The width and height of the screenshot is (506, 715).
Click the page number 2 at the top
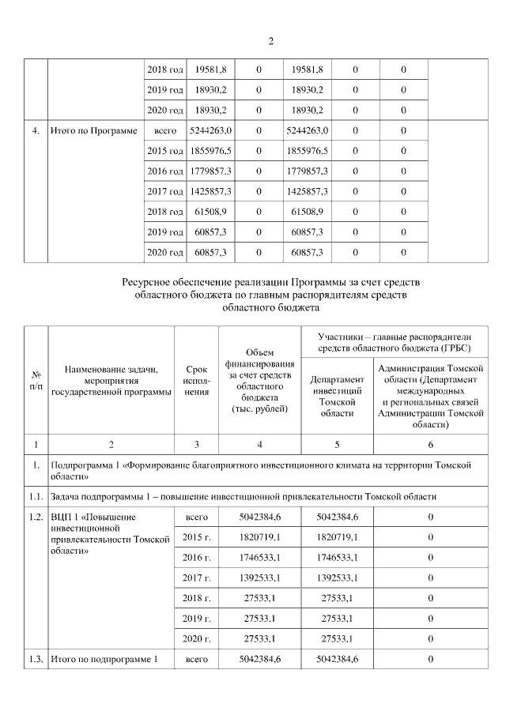coord(270,40)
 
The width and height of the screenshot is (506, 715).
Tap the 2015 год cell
coord(165,150)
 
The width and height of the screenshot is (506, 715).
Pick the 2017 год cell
coord(165,191)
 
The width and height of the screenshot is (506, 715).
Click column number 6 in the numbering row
coord(430,443)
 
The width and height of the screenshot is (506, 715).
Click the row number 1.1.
coord(36,495)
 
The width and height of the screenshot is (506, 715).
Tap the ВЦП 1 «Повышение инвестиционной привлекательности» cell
coord(111,533)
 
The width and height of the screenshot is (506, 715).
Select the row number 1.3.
coord(36,658)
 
